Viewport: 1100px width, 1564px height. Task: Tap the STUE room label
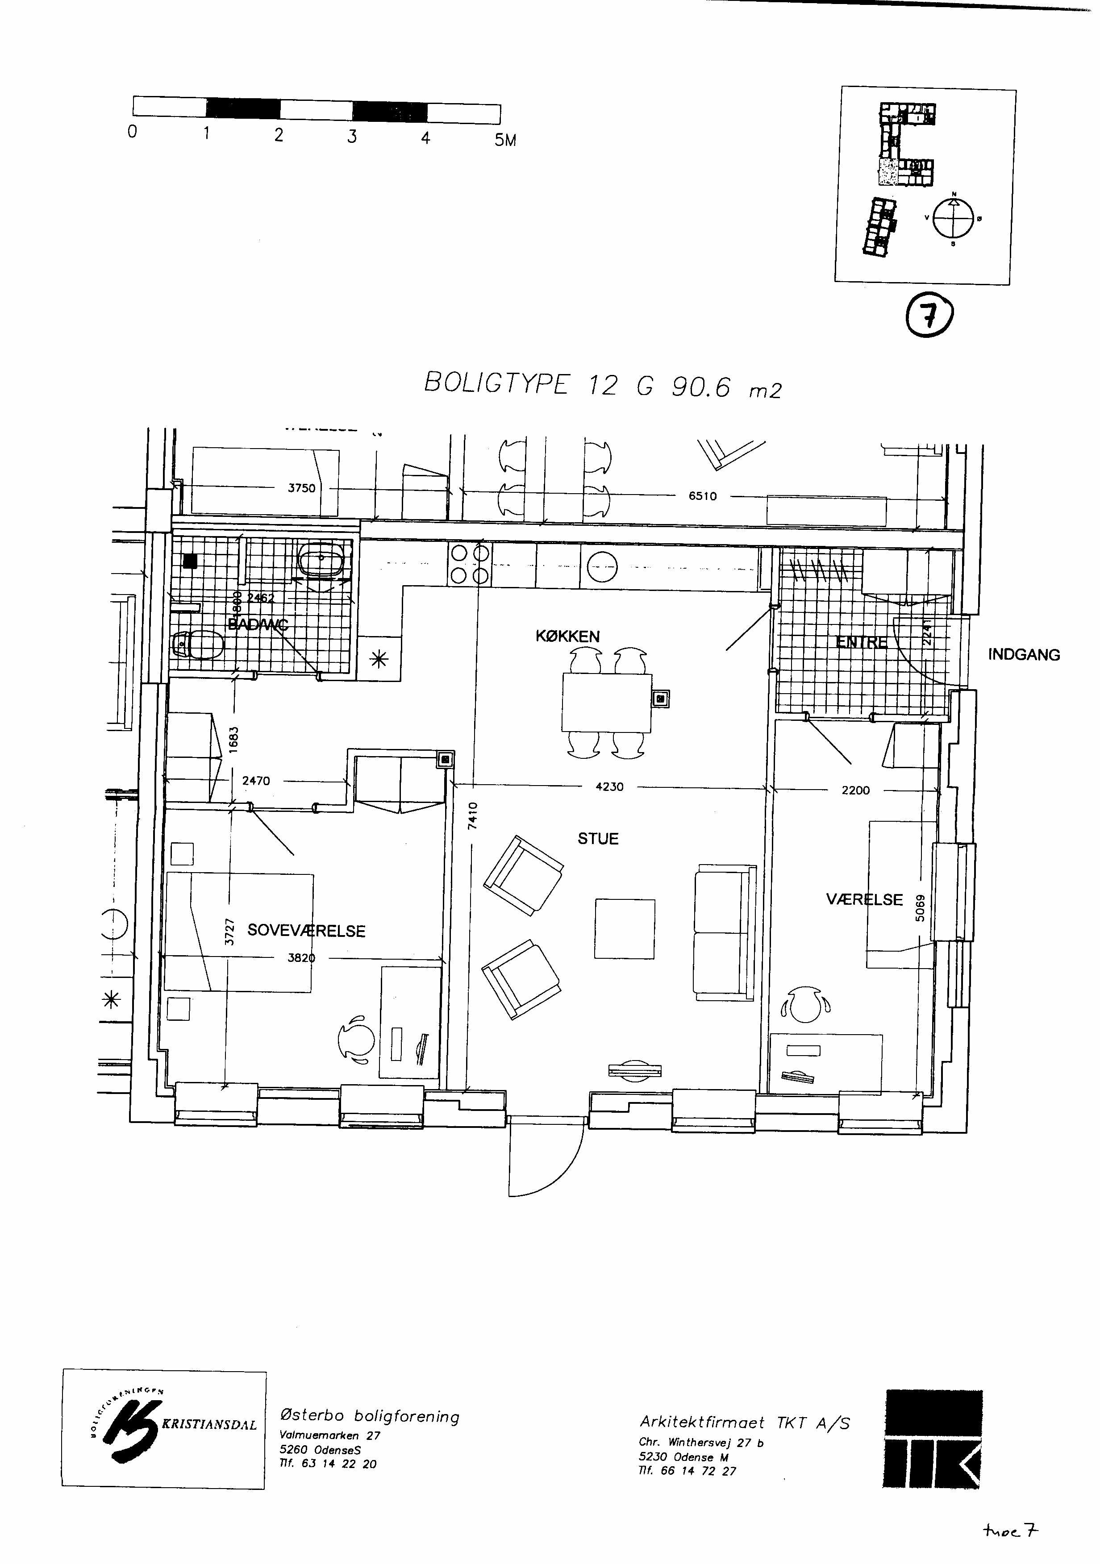click(x=598, y=839)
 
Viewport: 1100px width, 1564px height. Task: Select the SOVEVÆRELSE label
click(x=306, y=931)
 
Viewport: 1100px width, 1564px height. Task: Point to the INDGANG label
click(x=1024, y=655)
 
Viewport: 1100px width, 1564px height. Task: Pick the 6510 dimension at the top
click(x=702, y=496)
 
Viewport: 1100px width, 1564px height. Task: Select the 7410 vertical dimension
click(x=473, y=815)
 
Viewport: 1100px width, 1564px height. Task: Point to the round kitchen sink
click(x=602, y=566)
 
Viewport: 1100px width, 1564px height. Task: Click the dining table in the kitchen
click(x=606, y=702)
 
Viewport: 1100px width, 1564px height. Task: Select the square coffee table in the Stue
click(x=625, y=928)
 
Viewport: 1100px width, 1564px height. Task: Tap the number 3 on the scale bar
click(x=351, y=136)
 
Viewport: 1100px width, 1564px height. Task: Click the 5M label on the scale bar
click(x=505, y=140)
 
